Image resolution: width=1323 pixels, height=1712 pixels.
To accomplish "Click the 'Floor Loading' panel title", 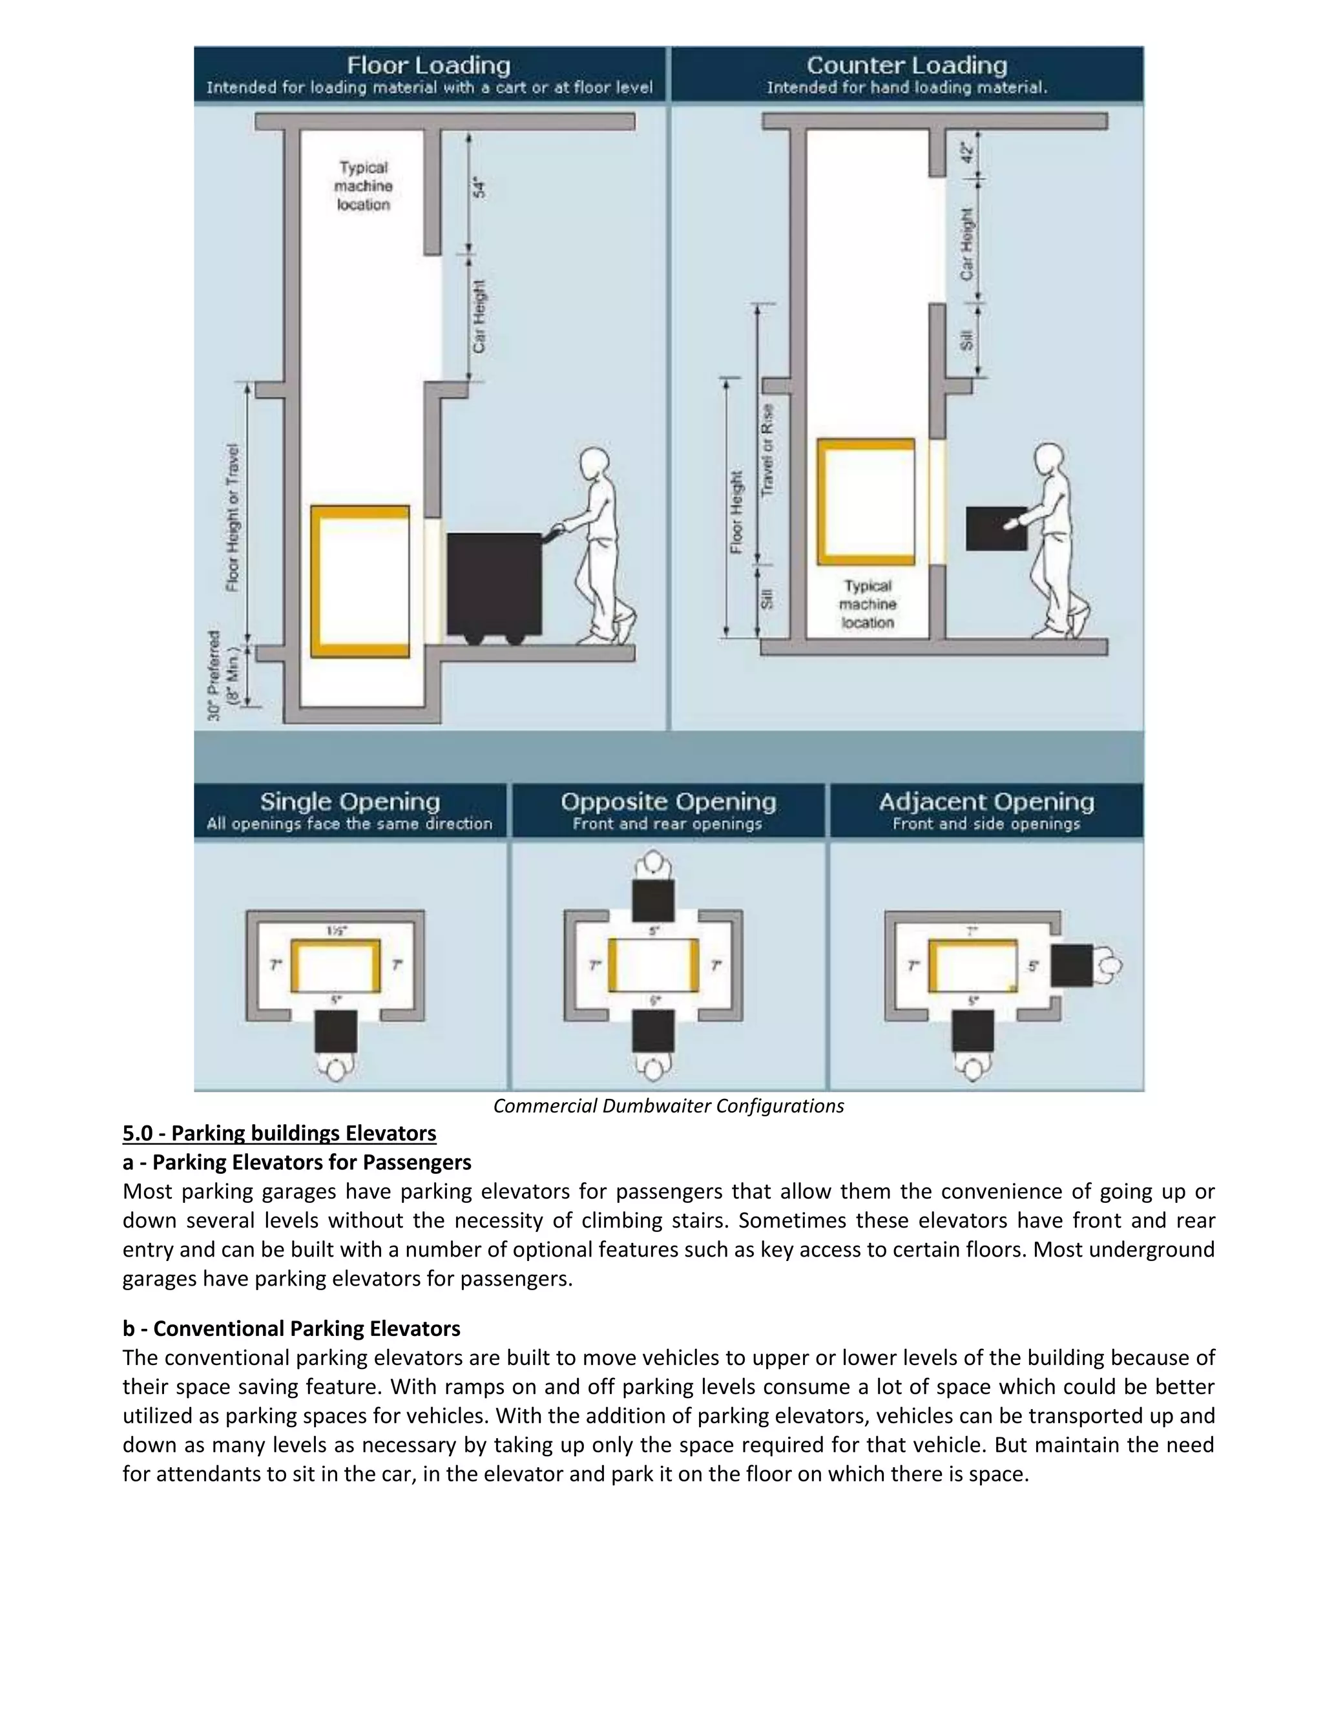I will coord(429,65).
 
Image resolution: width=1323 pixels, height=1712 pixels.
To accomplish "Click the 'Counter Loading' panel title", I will coord(907,65).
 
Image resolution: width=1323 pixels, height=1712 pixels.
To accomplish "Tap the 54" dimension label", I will coord(479,188).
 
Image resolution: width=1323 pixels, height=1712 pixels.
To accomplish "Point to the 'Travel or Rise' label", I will coord(768,449).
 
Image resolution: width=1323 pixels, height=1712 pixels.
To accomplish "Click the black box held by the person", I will coord(996,528).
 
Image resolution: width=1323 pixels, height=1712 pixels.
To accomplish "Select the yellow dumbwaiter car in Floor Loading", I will coord(360,581).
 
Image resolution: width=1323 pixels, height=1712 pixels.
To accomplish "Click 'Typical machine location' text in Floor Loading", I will coord(364,186).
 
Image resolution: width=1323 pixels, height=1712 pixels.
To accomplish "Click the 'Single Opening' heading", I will coord(349,802).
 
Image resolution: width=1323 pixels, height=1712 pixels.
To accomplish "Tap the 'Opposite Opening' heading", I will coord(668,802).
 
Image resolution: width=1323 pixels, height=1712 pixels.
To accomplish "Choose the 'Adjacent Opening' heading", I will coord(986,802).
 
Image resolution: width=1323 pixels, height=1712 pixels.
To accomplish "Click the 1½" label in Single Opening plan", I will coord(336,930).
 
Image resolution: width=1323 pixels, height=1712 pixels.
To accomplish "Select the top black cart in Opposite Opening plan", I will coord(653,900).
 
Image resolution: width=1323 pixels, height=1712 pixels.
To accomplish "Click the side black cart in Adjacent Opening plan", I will coord(1072,965).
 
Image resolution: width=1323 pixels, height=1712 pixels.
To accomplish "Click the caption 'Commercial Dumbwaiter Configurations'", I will coord(669,1106).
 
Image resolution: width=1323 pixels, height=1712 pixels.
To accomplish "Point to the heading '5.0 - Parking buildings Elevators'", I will coord(279,1134).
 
